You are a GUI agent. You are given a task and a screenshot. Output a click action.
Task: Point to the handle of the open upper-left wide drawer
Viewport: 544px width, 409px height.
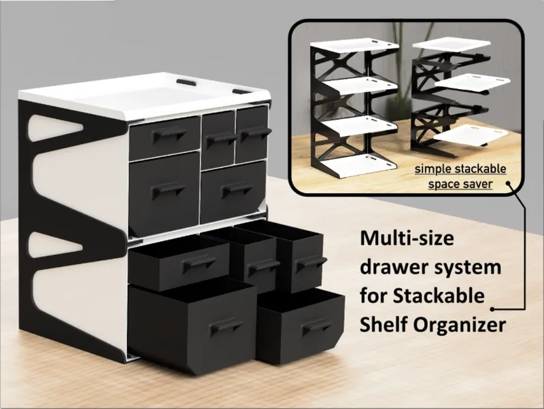pyautogui.click(x=194, y=262)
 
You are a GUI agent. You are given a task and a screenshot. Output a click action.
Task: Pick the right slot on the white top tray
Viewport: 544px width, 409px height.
pyautogui.click(x=241, y=90)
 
